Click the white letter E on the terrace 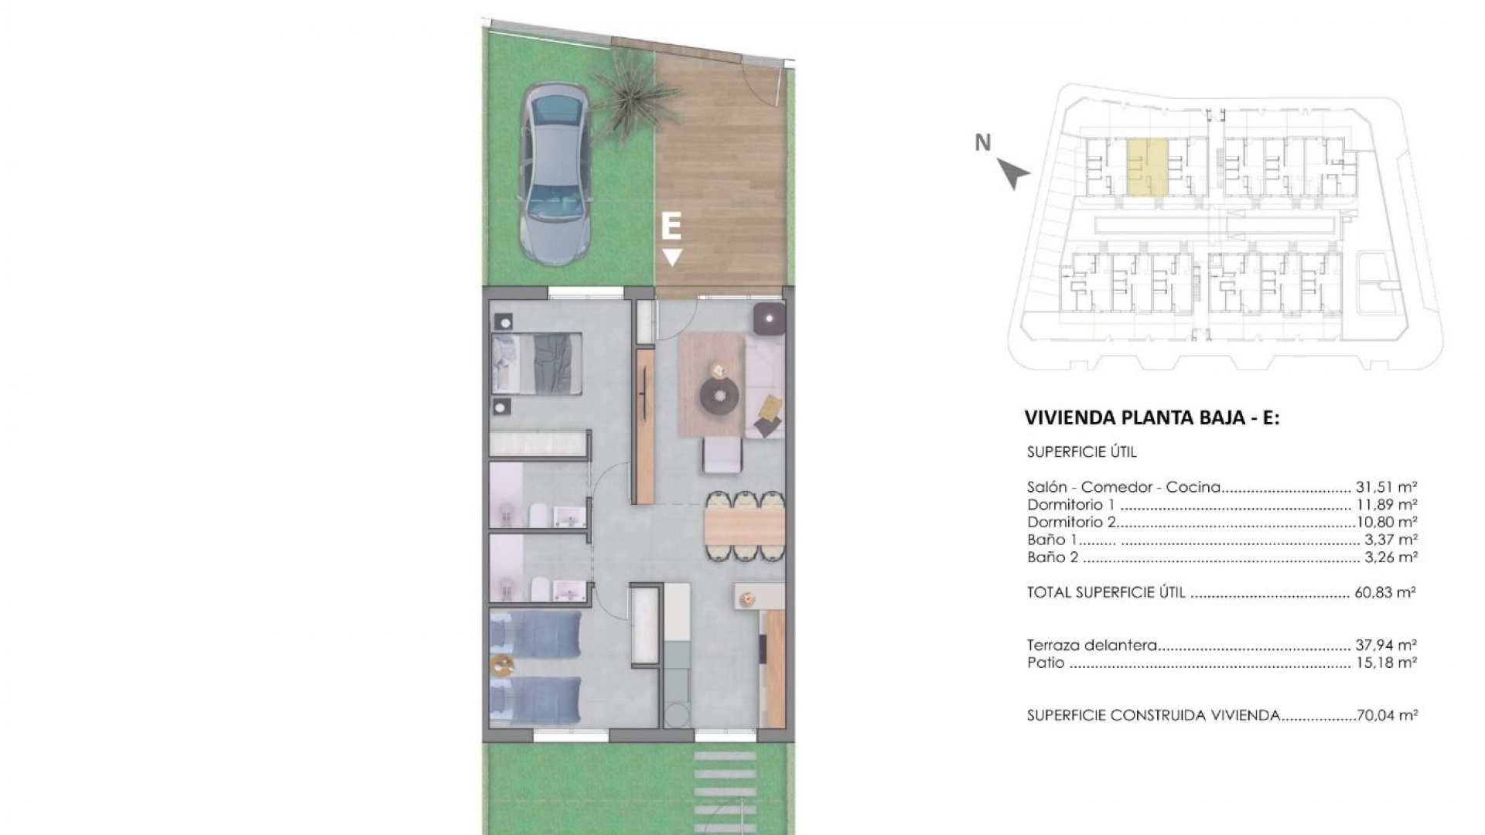pos(671,227)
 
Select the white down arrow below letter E pos(672,257)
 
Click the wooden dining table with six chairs pos(745,527)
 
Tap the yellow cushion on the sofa pos(770,408)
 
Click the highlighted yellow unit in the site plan pos(1146,165)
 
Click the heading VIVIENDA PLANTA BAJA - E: pos(1152,418)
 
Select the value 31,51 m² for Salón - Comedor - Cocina pos(1386,487)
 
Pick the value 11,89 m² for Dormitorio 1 pos(1386,505)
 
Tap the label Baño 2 pos(1053,557)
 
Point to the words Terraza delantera pos(1091,645)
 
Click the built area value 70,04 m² pos(1387,715)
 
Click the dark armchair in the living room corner pos(770,318)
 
